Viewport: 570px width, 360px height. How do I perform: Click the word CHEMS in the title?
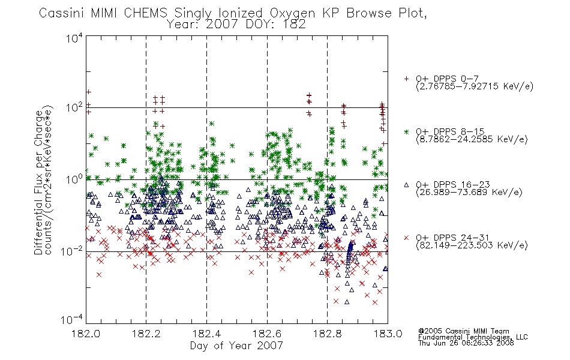click(145, 13)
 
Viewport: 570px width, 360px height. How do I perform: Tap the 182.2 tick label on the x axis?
click(146, 334)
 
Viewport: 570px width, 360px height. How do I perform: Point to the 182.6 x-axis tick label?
click(267, 334)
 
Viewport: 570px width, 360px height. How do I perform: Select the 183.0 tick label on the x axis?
click(388, 334)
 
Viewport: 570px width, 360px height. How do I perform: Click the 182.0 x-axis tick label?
click(86, 334)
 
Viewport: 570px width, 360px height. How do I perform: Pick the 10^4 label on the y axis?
click(74, 38)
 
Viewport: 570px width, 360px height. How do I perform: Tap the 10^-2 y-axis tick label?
click(72, 250)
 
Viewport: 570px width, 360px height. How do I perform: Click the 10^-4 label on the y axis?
click(72, 319)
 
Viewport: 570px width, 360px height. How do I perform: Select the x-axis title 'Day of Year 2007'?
click(236, 346)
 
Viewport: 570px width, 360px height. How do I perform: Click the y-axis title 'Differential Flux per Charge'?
click(38, 182)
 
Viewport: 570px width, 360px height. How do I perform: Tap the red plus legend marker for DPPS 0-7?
click(406, 79)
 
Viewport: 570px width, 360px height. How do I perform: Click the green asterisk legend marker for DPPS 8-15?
click(406, 131)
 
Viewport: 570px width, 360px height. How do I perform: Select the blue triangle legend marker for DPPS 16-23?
click(406, 185)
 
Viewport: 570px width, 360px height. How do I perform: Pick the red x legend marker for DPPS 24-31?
click(406, 238)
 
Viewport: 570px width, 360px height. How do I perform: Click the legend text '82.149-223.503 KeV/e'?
click(472, 245)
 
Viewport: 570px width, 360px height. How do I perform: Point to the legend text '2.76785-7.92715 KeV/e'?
click(475, 86)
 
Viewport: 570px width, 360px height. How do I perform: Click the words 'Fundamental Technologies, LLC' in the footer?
click(473, 337)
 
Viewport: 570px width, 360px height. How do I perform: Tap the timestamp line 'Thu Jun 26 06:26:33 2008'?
click(466, 343)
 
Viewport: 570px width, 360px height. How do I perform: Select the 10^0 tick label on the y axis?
click(74, 179)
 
